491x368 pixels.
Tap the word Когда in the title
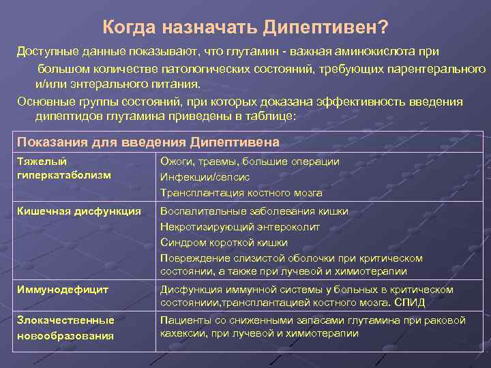point(129,27)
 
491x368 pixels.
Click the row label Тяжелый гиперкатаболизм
point(63,168)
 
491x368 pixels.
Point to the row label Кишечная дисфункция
point(78,211)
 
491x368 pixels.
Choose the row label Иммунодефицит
point(62,290)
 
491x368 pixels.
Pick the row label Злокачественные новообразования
point(65,328)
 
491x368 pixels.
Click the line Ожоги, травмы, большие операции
point(250,162)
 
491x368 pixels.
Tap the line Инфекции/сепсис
point(205,177)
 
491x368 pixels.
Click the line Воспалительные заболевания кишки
point(254,211)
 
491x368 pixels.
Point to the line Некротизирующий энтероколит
point(240,227)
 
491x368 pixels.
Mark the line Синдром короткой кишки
point(224,243)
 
